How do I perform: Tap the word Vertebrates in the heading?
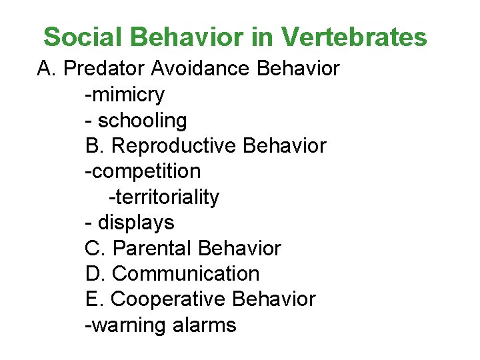(x=354, y=37)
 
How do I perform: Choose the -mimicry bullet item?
(x=125, y=95)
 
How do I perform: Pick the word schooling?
(x=143, y=121)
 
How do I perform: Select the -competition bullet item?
(x=143, y=171)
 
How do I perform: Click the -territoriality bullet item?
(x=163, y=197)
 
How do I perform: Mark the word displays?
(x=136, y=223)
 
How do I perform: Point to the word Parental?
(x=153, y=249)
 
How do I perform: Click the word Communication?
(x=186, y=274)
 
